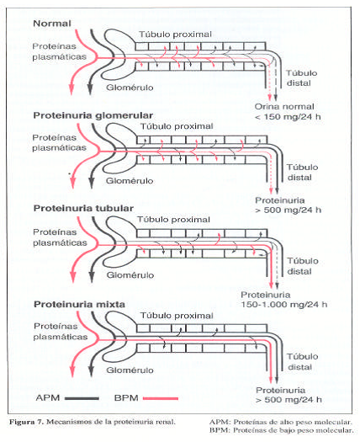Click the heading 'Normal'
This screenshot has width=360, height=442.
[52, 24]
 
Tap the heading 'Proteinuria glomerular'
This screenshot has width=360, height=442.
[93, 115]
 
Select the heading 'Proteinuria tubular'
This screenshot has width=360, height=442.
[83, 208]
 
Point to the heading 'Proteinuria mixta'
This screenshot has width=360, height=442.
[79, 305]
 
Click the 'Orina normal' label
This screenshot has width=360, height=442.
[284, 107]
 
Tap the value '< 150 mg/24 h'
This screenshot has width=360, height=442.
[288, 117]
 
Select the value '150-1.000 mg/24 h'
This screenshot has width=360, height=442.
[284, 305]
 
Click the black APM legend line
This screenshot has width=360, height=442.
[82, 398]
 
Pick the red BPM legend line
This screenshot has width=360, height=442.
[161, 398]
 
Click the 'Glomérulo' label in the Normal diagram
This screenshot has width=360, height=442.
[130, 88]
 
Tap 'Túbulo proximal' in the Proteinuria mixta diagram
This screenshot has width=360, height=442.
[177, 316]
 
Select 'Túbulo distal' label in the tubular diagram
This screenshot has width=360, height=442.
[303, 266]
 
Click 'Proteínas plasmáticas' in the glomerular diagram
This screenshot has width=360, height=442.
[59, 142]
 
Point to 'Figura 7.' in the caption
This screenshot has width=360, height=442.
[26, 422]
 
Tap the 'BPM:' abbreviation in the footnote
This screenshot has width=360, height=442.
[220, 430]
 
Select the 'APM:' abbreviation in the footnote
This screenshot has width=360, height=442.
[220, 423]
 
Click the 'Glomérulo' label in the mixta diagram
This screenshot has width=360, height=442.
[130, 370]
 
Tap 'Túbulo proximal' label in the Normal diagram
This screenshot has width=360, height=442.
[175, 35]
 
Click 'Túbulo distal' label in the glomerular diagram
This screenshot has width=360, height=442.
[303, 173]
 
